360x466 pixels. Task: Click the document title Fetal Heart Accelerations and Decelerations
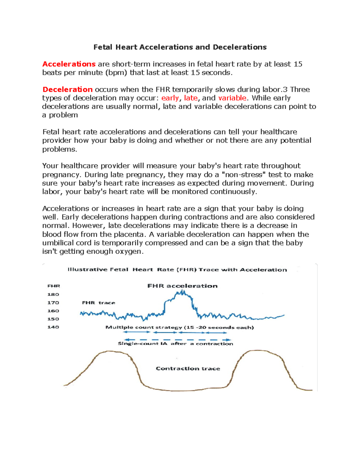(x=180, y=47)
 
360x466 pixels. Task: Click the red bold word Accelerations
(x=69, y=64)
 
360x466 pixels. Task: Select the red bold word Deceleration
(x=67, y=89)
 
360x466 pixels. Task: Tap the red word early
(x=170, y=98)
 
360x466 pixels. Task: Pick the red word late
(x=191, y=98)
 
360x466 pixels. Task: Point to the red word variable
(x=232, y=98)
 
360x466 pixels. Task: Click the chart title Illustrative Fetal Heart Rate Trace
(x=177, y=269)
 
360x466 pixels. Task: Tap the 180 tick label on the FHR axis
(x=53, y=294)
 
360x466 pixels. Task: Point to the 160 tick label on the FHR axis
(x=53, y=311)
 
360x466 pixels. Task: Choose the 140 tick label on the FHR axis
(x=53, y=327)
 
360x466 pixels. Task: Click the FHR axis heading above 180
(x=53, y=286)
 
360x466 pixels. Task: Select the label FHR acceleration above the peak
(x=182, y=286)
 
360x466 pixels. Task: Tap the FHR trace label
(x=98, y=303)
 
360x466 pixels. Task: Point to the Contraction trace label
(x=188, y=368)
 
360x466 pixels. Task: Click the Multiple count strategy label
(x=179, y=327)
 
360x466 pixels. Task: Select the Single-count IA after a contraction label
(x=175, y=344)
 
